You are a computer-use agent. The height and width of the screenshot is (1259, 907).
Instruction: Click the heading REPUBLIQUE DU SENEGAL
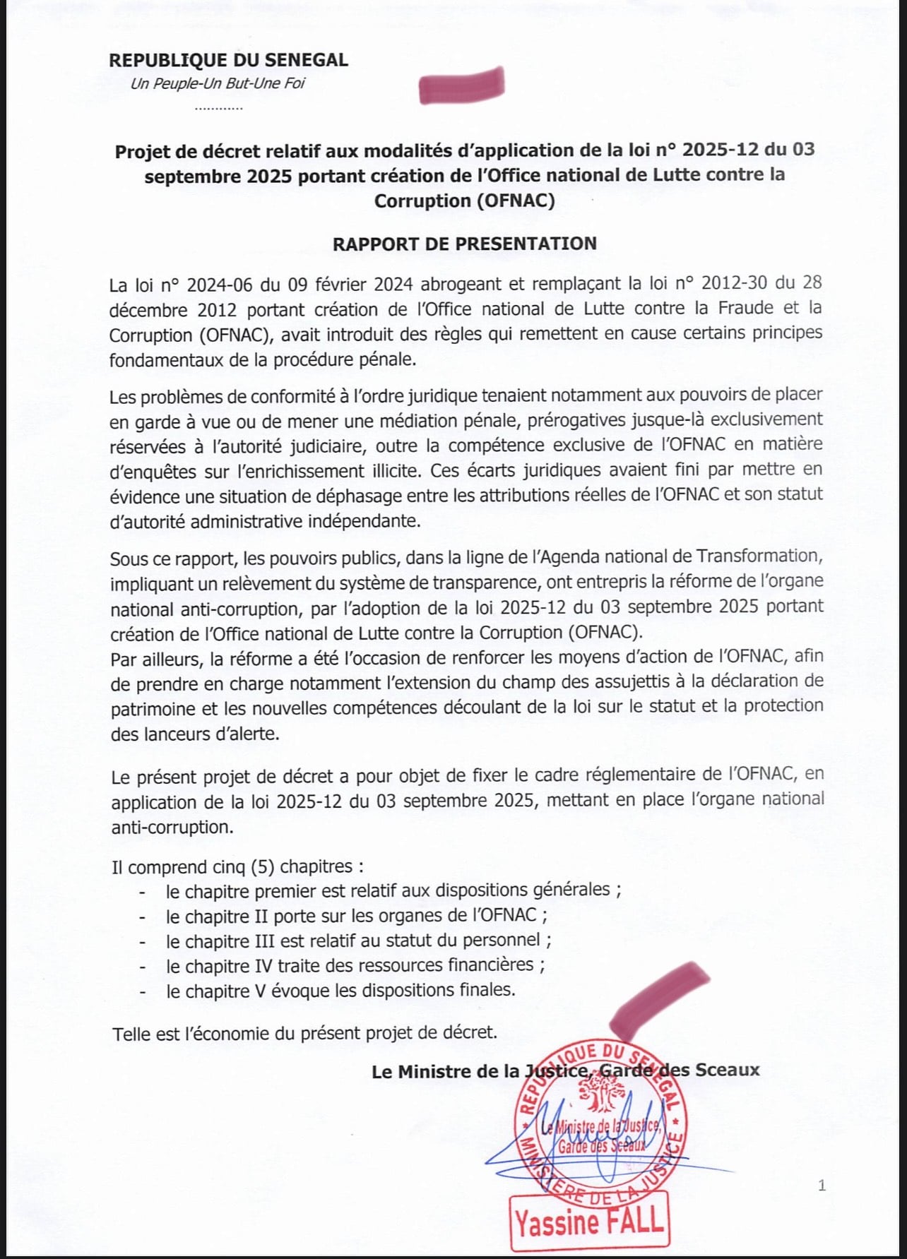tap(228, 60)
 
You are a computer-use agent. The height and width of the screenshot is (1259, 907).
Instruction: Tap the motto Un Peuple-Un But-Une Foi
tap(218, 84)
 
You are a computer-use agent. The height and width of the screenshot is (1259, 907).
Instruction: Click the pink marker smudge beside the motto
tap(462, 85)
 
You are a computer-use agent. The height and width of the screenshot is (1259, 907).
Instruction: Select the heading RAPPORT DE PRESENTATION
tap(464, 244)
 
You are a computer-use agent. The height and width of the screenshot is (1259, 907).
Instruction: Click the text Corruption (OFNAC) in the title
tap(464, 201)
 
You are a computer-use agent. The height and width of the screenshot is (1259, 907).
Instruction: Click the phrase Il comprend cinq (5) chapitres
tap(237, 866)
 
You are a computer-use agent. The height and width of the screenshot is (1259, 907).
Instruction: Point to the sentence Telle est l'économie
tap(304, 1033)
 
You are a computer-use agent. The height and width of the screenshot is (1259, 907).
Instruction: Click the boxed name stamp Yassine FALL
tap(588, 1222)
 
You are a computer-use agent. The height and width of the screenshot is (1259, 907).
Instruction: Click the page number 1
tap(822, 1185)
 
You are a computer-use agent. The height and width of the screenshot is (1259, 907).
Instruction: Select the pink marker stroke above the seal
tap(660, 996)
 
